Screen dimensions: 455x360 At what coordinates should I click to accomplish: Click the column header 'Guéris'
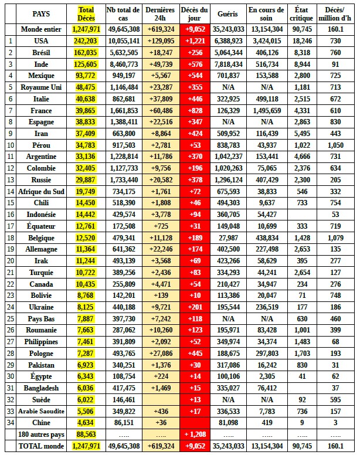227,13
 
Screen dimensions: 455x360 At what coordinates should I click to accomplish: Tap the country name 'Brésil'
41,52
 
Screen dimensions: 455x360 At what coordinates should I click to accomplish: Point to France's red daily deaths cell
195,110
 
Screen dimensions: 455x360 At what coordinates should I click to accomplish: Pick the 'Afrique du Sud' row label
41,192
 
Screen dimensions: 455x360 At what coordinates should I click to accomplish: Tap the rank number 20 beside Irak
10,261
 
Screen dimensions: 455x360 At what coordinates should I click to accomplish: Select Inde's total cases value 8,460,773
123,64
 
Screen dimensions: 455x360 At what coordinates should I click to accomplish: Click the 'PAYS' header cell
41,13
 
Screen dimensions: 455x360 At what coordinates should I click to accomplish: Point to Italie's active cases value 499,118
267,99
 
